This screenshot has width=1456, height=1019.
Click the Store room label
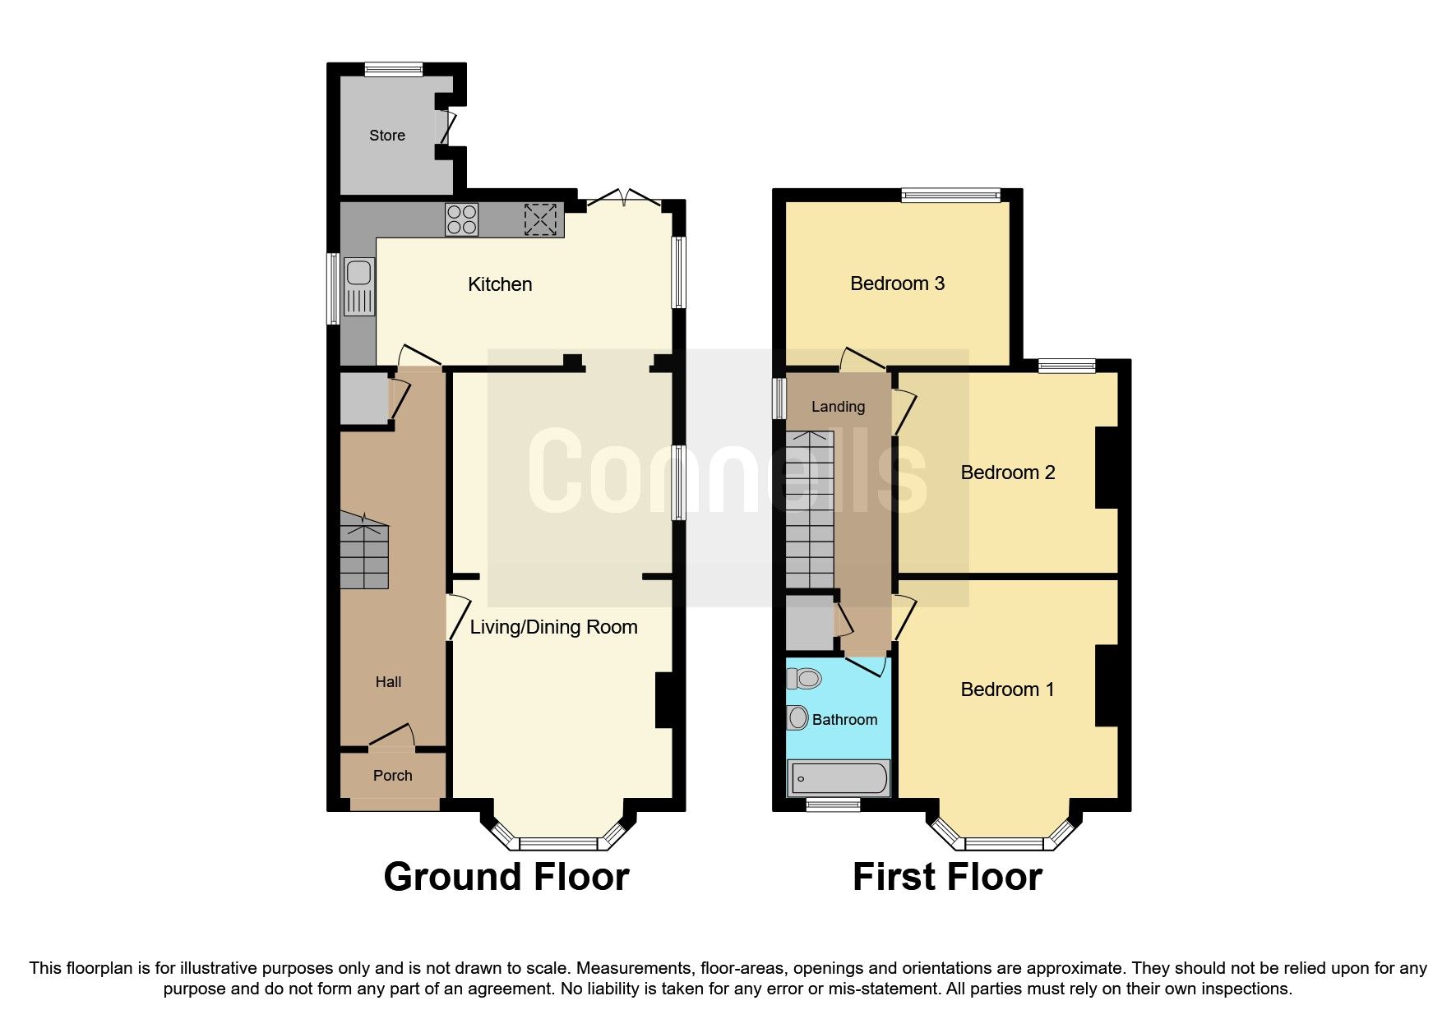click(386, 136)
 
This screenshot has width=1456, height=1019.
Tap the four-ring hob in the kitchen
click(461, 219)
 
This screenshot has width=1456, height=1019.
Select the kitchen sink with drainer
click(359, 286)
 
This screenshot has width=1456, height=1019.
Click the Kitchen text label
click(500, 284)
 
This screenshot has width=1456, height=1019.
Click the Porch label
click(392, 776)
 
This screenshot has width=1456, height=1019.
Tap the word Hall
click(388, 682)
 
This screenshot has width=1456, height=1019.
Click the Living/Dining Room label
click(553, 627)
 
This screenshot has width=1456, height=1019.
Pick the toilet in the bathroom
click(805, 679)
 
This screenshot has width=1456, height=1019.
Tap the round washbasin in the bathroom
click(797, 718)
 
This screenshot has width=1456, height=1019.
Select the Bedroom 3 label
click(897, 284)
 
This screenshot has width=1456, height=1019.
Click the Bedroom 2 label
click(1007, 473)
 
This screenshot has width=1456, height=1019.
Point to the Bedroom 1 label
click(1007, 689)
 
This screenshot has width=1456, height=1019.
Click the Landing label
click(838, 407)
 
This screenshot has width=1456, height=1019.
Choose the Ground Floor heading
click(506, 877)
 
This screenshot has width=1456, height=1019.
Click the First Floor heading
click(947, 877)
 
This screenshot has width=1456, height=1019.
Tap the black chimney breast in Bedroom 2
click(1107, 467)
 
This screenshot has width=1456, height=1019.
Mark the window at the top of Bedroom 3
click(950, 195)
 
